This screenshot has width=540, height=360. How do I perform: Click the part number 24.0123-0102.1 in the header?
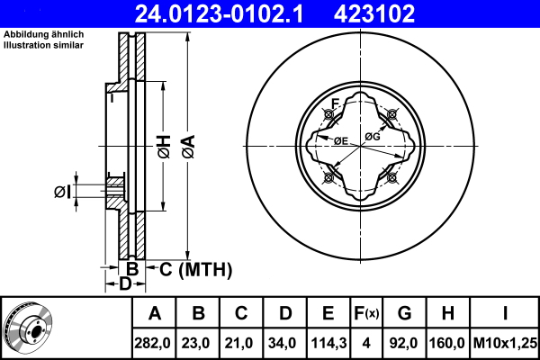[219, 13]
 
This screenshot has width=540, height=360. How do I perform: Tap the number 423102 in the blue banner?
[374, 13]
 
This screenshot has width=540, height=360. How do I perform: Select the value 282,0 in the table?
[152, 343]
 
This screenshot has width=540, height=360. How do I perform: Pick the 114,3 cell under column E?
[328, 343]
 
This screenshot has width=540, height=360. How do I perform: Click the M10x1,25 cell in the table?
[505, 343]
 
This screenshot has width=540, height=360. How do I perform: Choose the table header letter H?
[447, 313]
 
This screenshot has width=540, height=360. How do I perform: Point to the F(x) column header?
[366, 313]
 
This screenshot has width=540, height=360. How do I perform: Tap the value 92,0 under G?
[403, 343]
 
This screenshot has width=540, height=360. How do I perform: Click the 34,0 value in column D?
[282, 343]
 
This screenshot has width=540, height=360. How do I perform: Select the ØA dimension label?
[189, 147]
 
